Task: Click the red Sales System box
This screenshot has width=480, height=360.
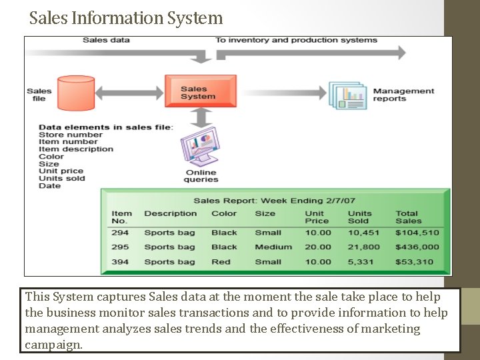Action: point(200,91)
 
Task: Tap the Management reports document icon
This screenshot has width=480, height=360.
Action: point(348,95)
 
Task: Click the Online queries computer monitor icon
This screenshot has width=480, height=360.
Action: point(201,150)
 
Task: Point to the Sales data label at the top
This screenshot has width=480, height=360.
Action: point(106,40)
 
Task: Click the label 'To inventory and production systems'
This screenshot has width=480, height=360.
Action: point(296,40)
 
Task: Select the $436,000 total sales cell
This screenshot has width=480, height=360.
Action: point(417,247)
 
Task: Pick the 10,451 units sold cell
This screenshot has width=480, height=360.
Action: point(363,233)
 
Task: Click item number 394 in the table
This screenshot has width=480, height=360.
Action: point(120,262)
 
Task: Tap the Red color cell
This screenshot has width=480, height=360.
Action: point(221,262)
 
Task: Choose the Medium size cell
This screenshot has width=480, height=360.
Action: point(273,247)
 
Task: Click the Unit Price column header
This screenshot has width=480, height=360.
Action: point(317,217)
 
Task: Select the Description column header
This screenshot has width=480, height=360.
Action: point(171,213)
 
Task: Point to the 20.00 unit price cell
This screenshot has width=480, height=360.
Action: point(318,247)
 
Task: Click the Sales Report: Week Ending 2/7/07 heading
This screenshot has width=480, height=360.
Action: point(274,201)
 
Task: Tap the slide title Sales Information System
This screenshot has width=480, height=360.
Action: point(126,17)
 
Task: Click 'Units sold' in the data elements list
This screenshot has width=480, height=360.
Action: point(62,178)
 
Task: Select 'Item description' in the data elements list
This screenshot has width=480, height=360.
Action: point(76,149)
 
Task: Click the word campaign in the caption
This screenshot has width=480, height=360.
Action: point(53,345)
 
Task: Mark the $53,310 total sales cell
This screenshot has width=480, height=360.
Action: point(414,262)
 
